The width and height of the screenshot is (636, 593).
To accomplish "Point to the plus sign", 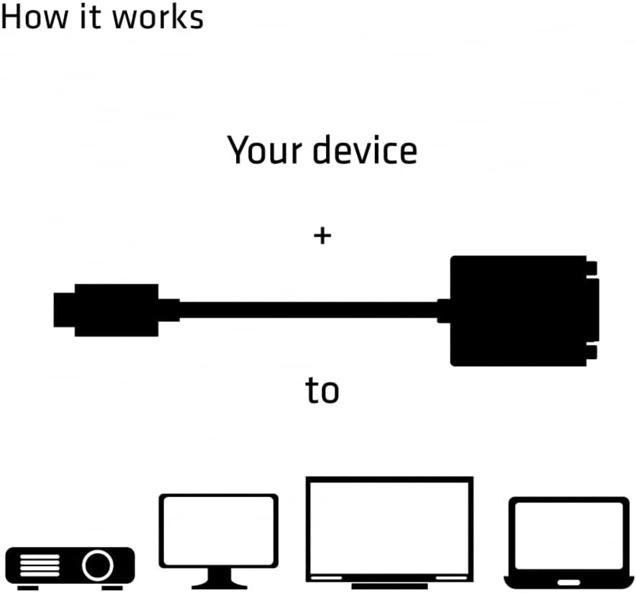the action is [322, 236].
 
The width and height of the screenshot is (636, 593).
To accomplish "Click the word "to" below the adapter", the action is [321, 391].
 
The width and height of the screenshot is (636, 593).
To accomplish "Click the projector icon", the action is [70, 566].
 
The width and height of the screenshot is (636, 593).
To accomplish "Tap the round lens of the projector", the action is [98, 566].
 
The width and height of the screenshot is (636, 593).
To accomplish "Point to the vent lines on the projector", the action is [38, 566].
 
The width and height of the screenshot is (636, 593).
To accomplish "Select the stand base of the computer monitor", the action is [219, 585].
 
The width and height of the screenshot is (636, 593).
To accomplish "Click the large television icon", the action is [389, 529].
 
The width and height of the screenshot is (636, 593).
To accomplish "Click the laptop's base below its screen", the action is [569, 584].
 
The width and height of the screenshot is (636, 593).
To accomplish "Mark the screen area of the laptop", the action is [569, 536].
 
